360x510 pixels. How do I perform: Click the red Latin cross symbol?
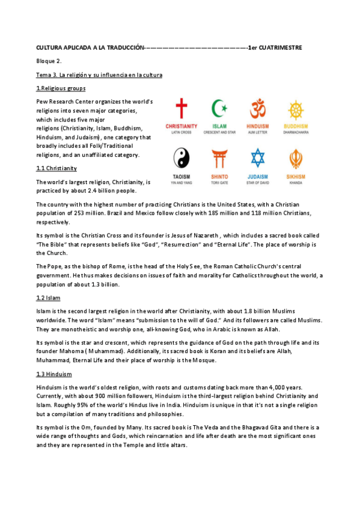pos(181,110)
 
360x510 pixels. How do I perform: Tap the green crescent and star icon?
pos(219,110)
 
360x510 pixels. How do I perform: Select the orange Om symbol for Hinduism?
pos(258,110)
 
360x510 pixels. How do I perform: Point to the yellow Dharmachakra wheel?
pos(296,110)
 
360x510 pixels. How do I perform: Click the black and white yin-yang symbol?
pos(181,159)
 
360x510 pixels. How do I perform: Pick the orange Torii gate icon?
pos(219,159)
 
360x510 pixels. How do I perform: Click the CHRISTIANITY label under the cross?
pos(181,126)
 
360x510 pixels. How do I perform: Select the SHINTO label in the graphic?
pos(219,176)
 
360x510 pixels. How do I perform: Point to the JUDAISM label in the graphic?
pos(258,176)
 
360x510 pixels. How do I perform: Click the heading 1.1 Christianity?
pos(56,168)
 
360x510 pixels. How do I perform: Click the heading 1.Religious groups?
pos(61,88)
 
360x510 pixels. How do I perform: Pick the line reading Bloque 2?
pos(49,61)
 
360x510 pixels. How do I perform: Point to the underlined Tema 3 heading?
pos(99,75)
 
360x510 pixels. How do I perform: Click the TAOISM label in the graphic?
pos(181,176)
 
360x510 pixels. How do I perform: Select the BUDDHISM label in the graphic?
pos(296,126)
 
